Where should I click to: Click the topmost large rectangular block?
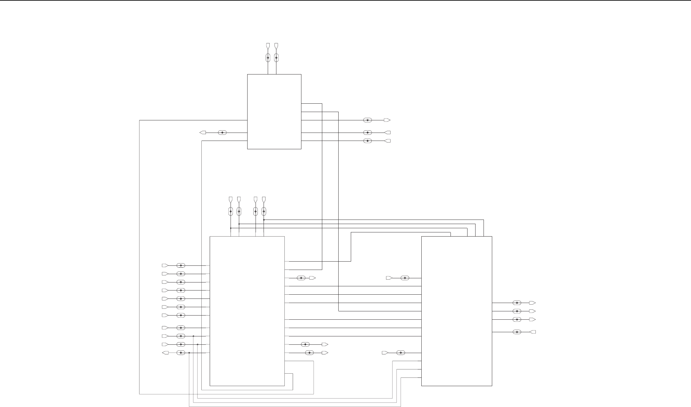(274, 111)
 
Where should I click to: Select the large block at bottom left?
(247, 311)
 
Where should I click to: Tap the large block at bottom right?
(456, 311)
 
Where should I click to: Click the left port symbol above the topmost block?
(268, 46)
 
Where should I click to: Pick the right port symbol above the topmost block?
(276, 46)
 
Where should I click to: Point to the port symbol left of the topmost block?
(203, 133)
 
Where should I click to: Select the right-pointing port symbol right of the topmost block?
(387, 120)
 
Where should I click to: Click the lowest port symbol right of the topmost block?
(387, 141)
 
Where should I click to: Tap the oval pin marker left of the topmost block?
(222, 133)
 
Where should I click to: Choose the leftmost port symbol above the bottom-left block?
(231, 200)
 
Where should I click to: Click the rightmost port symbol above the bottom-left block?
(264, 200)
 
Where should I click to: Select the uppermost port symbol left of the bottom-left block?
(165, 265)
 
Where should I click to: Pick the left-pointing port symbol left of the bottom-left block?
(166, 353)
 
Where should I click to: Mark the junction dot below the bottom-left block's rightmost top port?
(264, 220)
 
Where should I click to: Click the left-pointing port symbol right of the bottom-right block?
(533, 332)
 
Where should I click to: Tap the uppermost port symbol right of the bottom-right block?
(532, 303)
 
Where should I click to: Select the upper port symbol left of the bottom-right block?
(389, 278)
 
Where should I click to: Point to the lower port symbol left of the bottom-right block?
(385, 353)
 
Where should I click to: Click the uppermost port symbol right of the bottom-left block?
(312, 278)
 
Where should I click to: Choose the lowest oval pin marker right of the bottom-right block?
(517, 332)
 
